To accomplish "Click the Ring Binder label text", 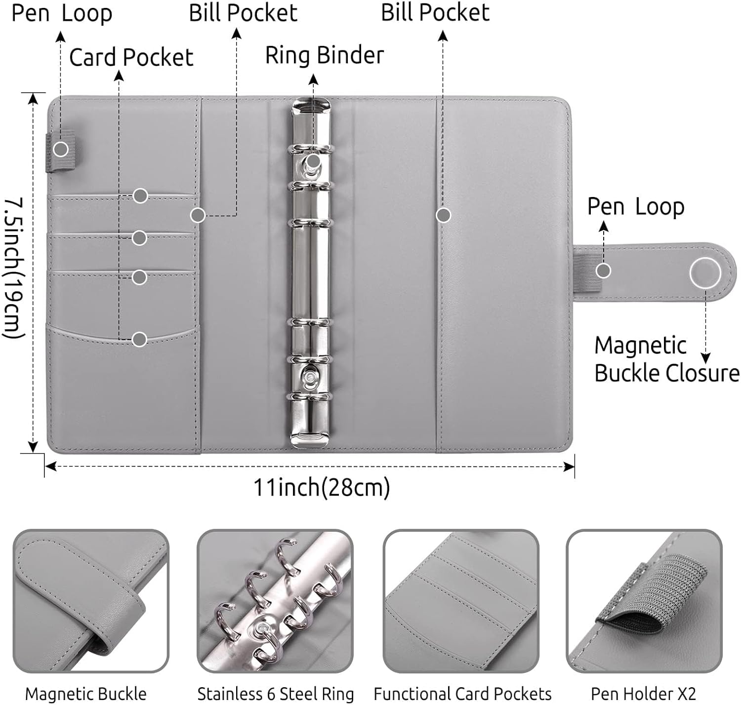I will click(325, 55).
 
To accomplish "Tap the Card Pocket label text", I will click(131, 57).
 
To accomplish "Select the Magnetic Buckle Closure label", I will click(666, 359).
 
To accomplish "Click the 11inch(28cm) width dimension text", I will click(322, 487).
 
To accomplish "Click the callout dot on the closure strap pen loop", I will click(604, 271).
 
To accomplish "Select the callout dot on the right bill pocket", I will click(443, 215).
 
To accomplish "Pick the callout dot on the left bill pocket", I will click(198, 215).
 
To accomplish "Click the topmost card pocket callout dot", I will click(140, 196).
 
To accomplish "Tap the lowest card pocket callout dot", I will click(140, 339).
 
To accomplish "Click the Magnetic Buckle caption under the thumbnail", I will click(85, 694).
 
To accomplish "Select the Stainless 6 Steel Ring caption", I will click(276, 694).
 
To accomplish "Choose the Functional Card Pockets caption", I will click(462, 694).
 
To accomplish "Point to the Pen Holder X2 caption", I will click(643, 694).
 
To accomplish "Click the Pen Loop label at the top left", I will click(62, 13).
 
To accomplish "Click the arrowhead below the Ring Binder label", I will click(314, 79).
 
